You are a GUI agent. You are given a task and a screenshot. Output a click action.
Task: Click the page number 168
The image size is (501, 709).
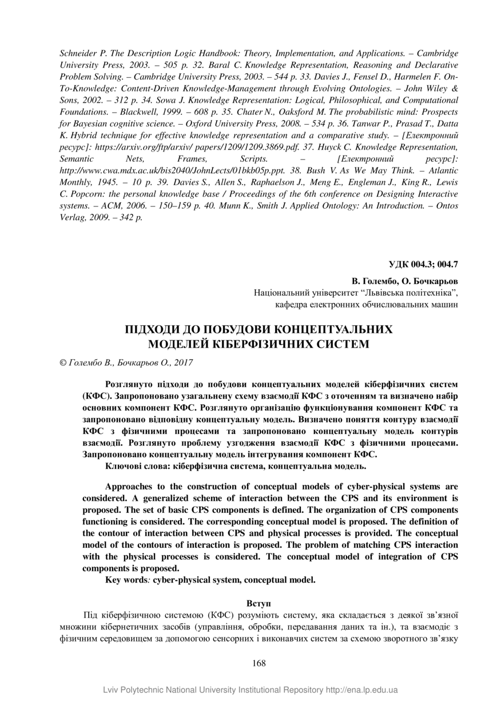click(x=259, y=663)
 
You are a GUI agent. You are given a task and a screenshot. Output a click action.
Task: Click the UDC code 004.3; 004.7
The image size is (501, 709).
click(x=424, y=264)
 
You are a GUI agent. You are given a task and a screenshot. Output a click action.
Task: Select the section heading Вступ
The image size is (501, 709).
click(x=259, y=603)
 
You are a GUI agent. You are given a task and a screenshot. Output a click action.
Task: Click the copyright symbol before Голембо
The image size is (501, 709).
click(x=63, y=363)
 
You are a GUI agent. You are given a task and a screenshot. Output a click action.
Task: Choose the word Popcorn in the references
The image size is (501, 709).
click(x=86, y=194)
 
